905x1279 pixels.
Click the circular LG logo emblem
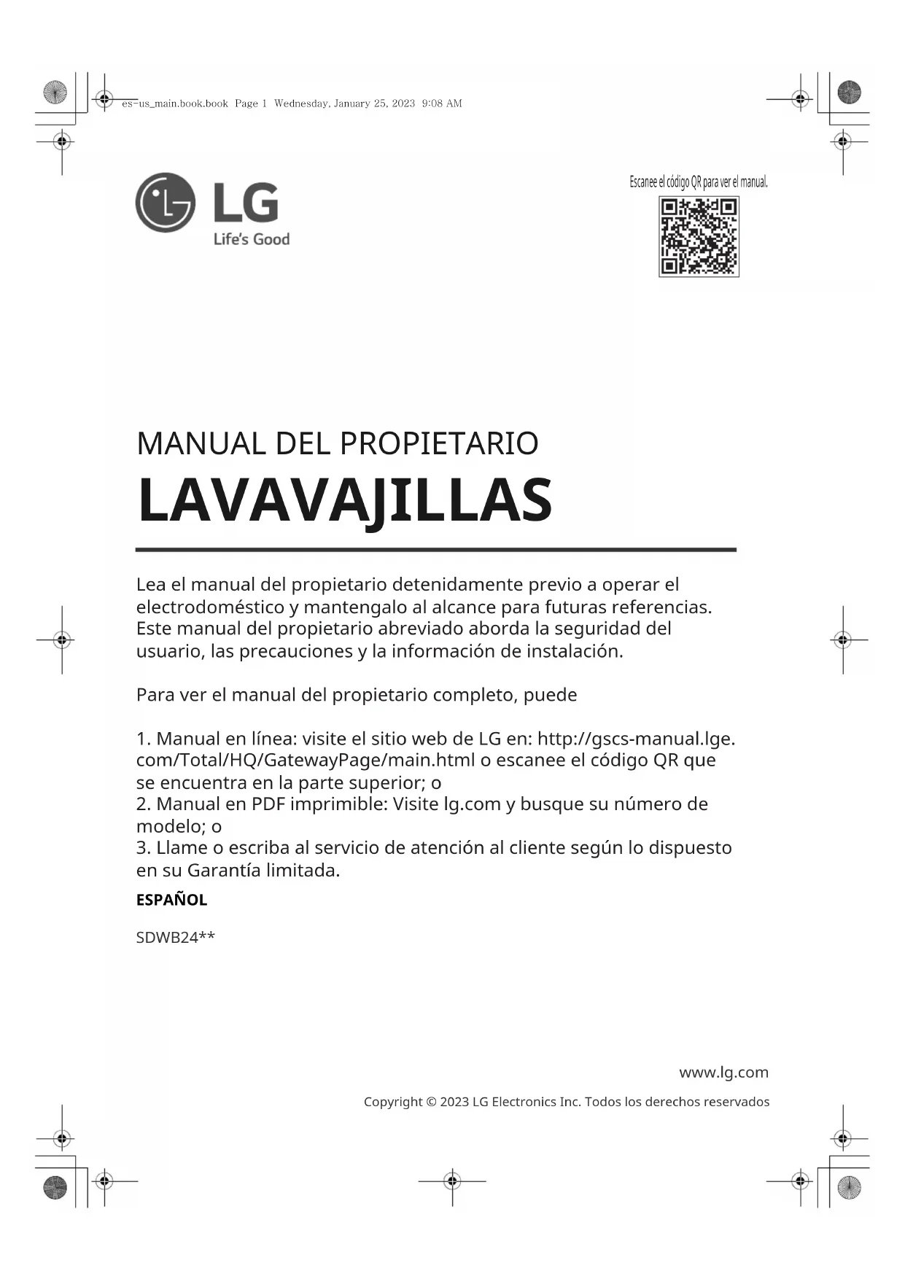tap(166, 203)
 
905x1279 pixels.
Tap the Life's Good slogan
tap(251, 239)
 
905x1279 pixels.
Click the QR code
tap(699, 236)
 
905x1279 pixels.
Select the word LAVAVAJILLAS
tap(344, 501)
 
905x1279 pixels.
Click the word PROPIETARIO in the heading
tap(439, 444)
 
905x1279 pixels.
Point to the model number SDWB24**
tap(175, 938)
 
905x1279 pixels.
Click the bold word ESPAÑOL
tap(171, 900)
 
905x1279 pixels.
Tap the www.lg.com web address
tap(723, 1072)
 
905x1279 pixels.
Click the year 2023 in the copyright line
tap(454, 1102)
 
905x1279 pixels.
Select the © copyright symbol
tap(431, 1102)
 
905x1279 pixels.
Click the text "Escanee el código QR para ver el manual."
tap(699, 182)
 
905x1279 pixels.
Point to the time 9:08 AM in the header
tap(442, 104)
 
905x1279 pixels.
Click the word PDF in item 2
tap(268, 804)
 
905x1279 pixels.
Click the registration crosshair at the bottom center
tap(452, 1180)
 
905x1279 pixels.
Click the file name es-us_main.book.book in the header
tap(175, 104)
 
